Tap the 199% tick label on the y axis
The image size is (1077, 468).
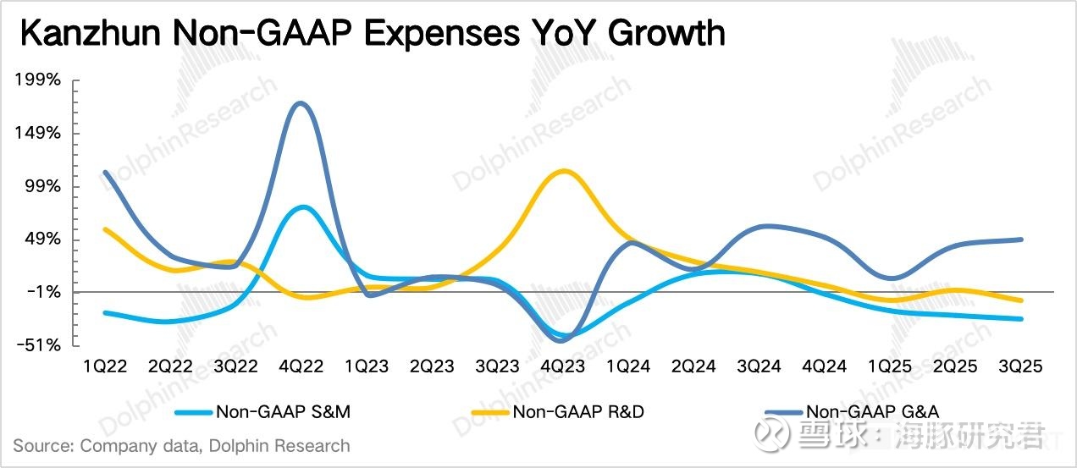(x=37, y=80)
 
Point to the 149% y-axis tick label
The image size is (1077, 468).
(x=37, y=134)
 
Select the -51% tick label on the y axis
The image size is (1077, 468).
(x=37, y=345)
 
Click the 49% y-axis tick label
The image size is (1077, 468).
(x=41, y=240)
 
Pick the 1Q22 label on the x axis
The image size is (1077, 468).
(x=104, y=366)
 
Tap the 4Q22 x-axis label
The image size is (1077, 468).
(x=301, y=366)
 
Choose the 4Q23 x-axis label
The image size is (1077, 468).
(x=562, y=366)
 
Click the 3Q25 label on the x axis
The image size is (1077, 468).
(x=1019, y=366)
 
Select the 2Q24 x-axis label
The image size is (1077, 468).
(x=693, y=366)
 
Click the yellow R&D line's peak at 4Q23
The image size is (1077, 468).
(x=562, y=171)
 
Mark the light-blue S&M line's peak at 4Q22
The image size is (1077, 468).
(x=302, y=206)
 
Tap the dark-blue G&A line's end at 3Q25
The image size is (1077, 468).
(x=1023, y=240)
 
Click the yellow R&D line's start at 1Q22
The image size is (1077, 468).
(x=104, y=228)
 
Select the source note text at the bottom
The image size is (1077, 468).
(x=181, y=445)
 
